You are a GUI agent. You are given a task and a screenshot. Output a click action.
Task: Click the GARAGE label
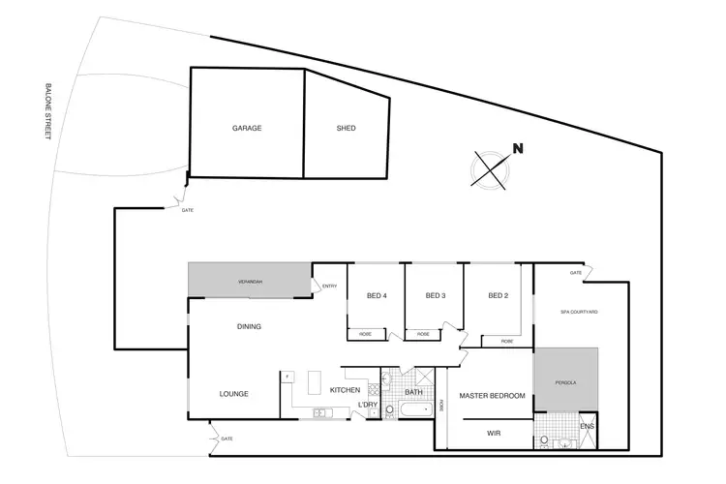(247, 128)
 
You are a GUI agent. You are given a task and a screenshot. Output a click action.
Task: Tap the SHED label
(346, 128)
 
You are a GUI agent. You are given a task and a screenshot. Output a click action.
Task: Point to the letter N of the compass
(518, 149)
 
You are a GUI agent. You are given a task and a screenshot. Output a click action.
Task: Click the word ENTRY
(329, 286)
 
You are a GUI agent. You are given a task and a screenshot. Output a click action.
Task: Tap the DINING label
(249, 326)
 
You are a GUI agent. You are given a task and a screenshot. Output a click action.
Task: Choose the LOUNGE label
(233, 394)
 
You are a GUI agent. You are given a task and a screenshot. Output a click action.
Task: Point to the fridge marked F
(287, 375)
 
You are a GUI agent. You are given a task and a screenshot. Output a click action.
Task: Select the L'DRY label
(367, 404)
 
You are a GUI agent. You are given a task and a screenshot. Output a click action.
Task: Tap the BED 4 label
(377, 295)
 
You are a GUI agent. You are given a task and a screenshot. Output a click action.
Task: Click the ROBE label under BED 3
(423, 334)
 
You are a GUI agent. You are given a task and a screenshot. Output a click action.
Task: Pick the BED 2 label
(498, 295)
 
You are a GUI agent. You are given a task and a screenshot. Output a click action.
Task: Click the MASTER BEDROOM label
(492, 396)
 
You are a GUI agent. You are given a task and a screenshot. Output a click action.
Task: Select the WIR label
(493, 434)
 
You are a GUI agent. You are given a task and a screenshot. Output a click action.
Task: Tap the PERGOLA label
(565, 382)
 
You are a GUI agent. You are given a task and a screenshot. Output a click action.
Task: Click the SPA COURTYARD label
(579, 313)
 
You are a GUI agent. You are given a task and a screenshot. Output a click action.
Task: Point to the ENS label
(587, 425)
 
